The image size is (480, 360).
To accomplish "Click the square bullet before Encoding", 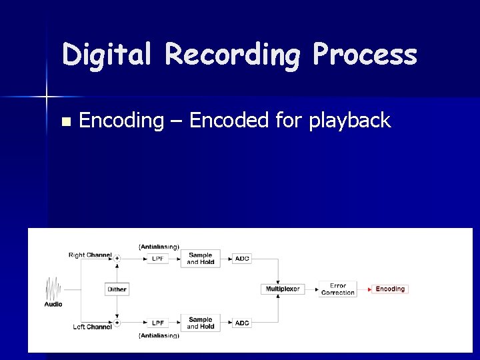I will pos(65,122).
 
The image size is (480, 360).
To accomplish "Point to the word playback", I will pos(349,121).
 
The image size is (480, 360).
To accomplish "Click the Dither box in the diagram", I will pos(117,289).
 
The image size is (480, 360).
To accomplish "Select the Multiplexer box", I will pos(283,289).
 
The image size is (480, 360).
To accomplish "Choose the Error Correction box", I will pos(337,289).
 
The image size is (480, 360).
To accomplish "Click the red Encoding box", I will pos(390,289).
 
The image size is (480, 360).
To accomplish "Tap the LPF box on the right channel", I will pos(158,259).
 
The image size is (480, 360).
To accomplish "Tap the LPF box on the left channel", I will pos(158,323).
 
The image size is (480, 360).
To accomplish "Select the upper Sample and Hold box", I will pos(200,259).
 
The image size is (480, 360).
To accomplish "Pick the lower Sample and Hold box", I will pos(200,323).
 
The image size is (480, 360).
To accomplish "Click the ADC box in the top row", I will pos(242,259).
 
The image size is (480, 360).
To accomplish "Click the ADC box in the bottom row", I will pos(242,323).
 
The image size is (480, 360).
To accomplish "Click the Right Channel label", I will pos(90,255).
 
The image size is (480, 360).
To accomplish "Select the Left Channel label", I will pos(92,327).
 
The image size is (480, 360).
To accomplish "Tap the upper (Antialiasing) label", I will pos(159,247).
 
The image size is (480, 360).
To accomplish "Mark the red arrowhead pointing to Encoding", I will pos(369,289).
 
